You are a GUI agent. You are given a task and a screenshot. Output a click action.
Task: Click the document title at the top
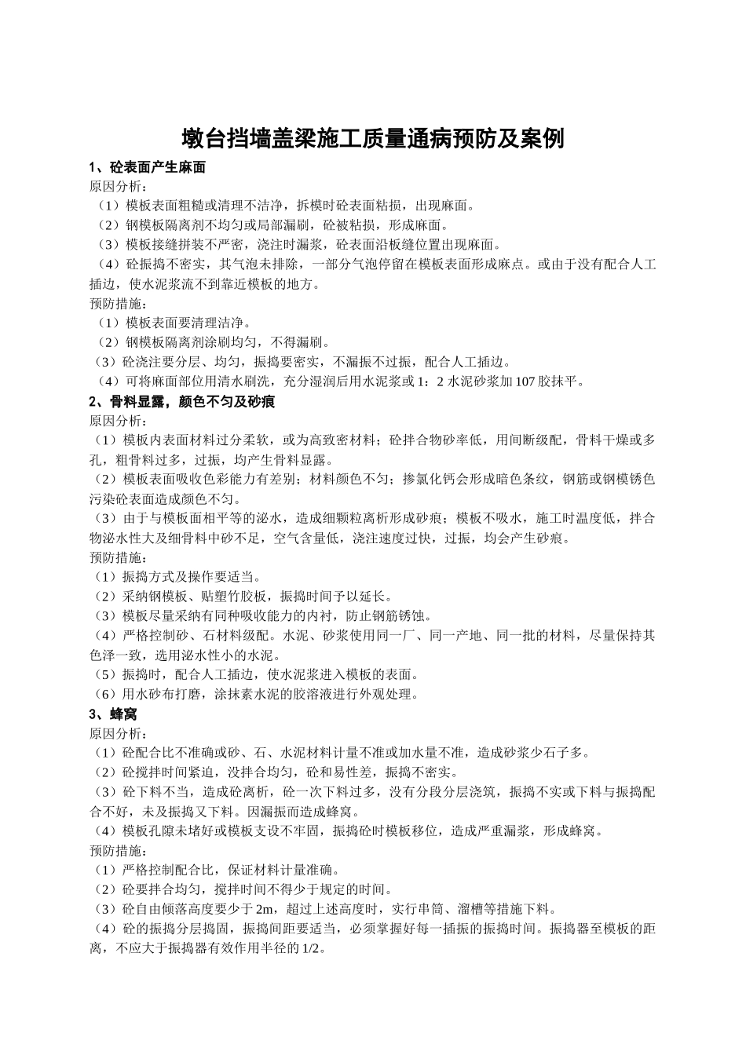point(373,139)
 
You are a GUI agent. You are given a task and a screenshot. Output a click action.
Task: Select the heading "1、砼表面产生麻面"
point(148,167)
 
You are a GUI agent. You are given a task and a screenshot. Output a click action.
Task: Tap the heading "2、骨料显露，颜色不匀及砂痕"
point(181,401)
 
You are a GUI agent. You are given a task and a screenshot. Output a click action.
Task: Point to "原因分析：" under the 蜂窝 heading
point(119,733)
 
